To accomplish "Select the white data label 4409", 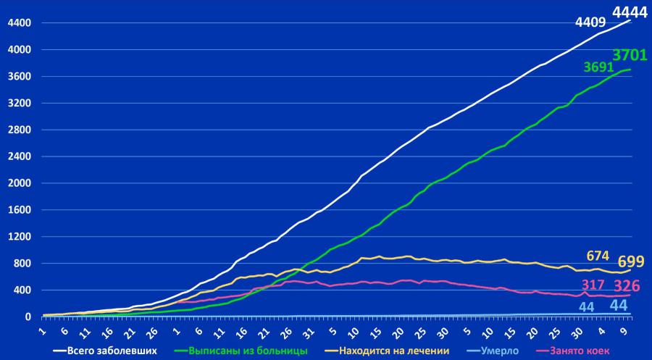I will coord(590,22).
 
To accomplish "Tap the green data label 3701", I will coord(630,55).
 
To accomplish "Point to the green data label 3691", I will coord(599,67).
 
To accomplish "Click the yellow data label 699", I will coord(631,262).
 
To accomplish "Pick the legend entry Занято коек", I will coord(580,351).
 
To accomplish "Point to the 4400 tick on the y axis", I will coord(19,23).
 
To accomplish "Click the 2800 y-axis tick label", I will coord(19,130).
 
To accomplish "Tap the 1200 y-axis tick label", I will coord(19,237).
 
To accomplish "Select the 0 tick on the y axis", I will coord(28,317).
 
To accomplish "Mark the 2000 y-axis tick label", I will coord(19,183).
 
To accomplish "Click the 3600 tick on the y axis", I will coord(19,77).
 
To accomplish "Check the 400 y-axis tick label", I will coord(22,290).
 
